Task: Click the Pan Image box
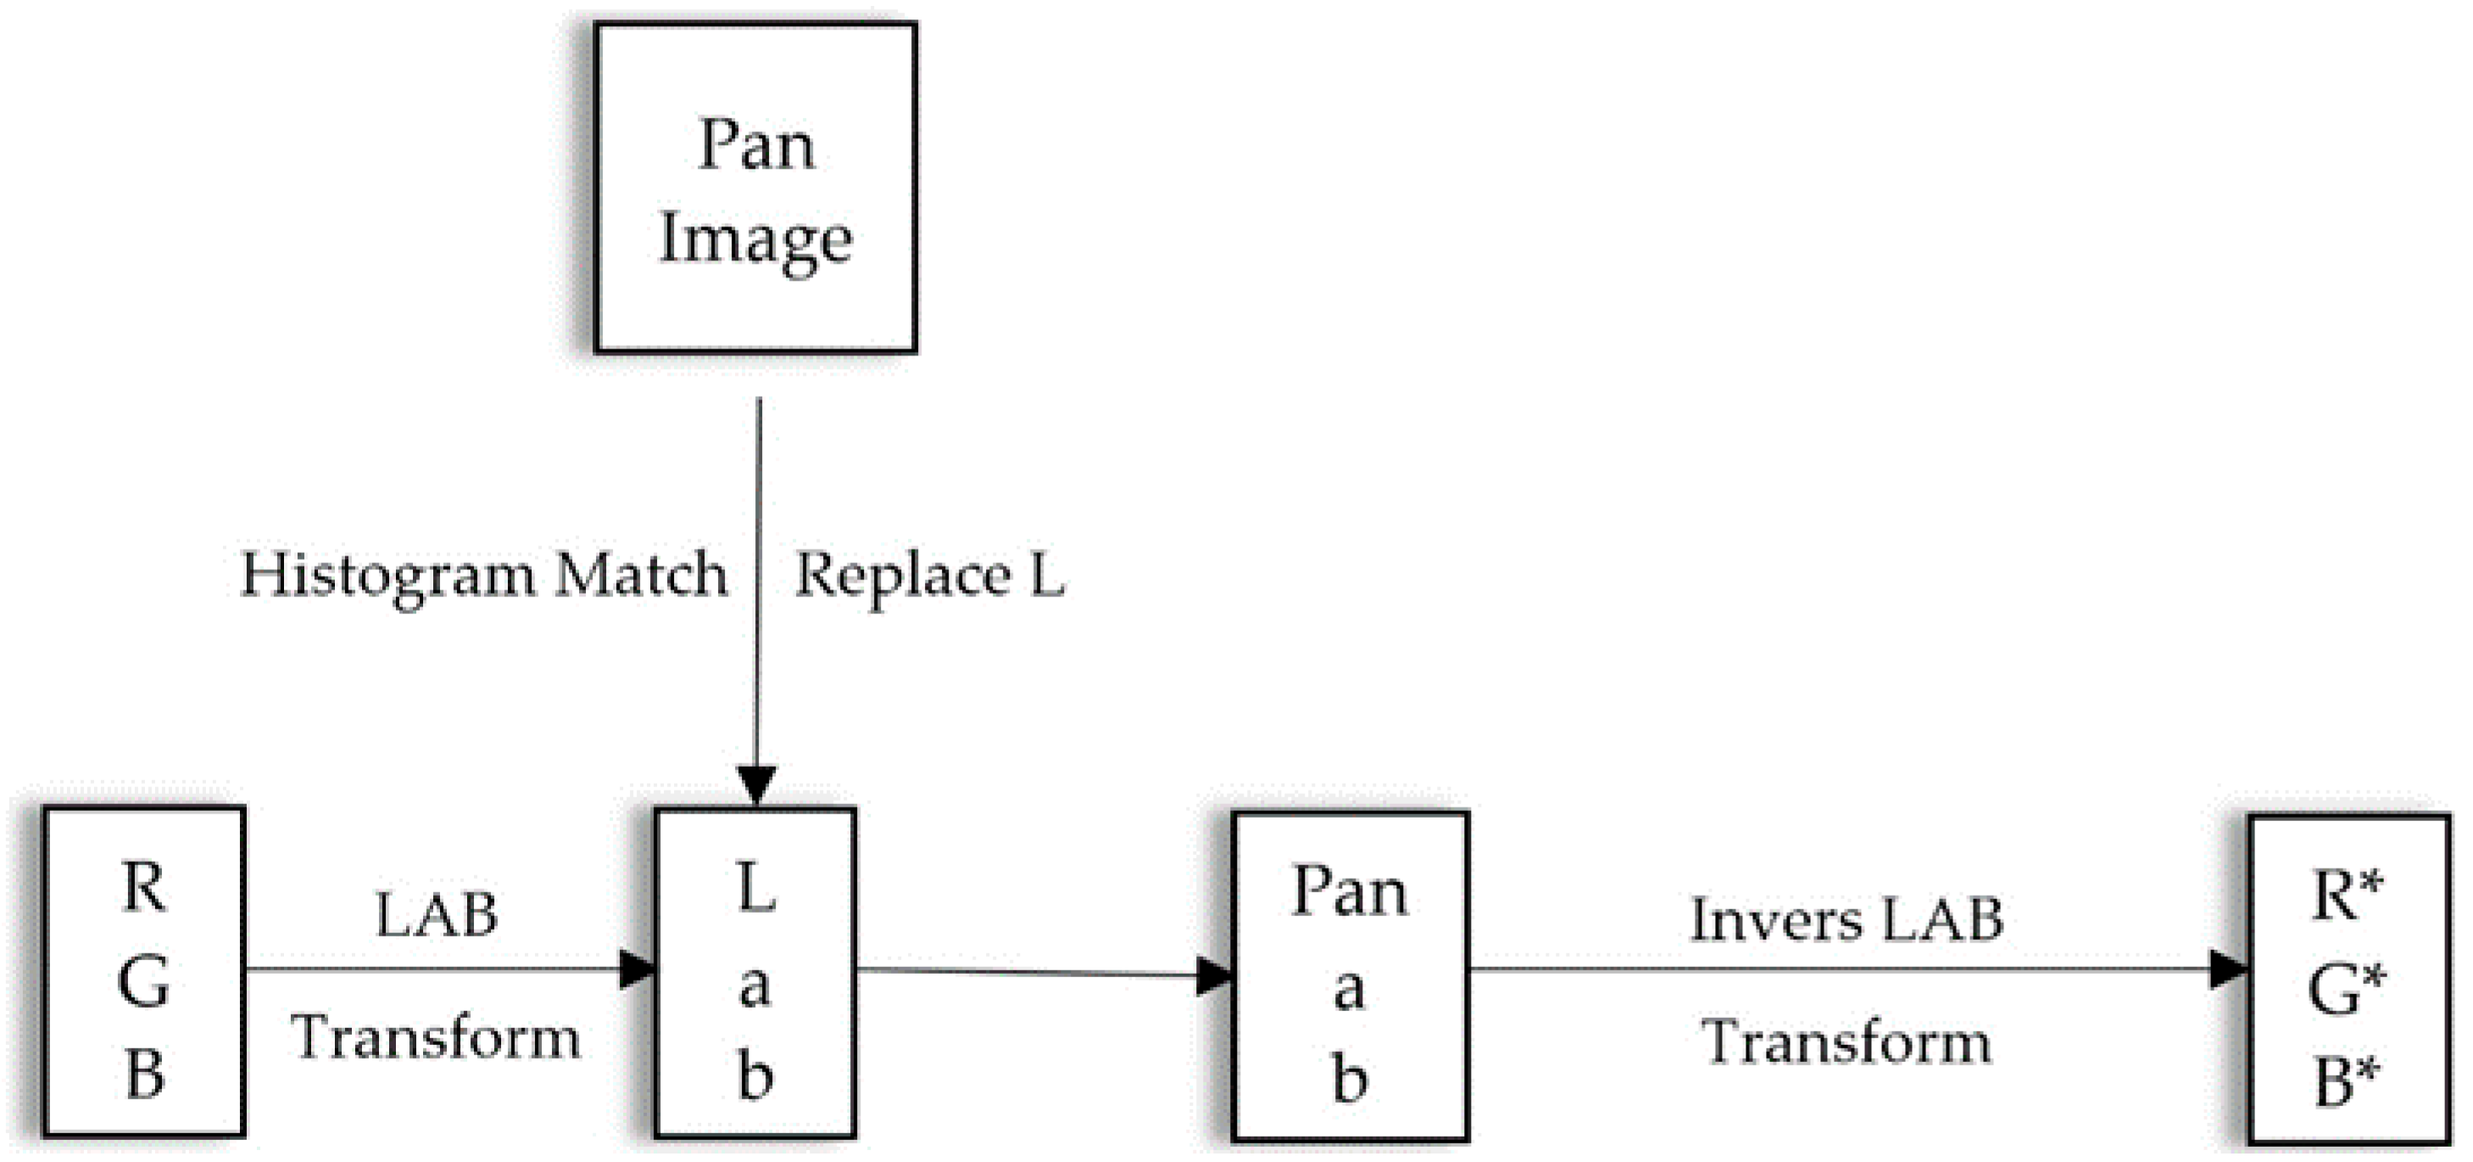[x=755, y=188]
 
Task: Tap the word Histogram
[x=387, y=576]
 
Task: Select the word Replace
[x=902, y=576]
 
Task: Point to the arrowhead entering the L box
[x=756, y=783]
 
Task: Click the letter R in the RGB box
[x=144, y=887]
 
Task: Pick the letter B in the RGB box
[x=144, y=1074]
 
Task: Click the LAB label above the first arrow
[x=437, y=915]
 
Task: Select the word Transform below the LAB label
[x=437, y=1038]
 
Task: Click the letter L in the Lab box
[x=755, y=888]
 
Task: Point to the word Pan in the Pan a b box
[x=1350, y=893]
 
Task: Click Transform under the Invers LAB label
[x=1846, y=1042]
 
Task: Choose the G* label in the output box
[x=2348, y=989]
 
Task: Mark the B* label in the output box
[x=2348, y=1081]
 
